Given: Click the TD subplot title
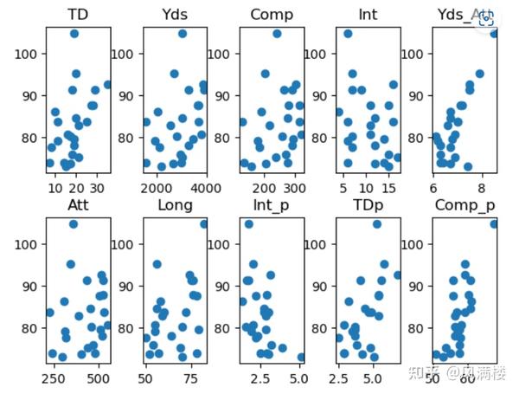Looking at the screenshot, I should [76, 15].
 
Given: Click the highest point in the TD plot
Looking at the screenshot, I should [74, 34].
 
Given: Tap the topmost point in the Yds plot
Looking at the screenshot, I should [183, 34].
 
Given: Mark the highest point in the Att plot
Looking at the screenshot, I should [73, 224].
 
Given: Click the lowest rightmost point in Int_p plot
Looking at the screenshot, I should [301, 357].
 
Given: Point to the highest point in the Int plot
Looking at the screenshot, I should [348, 34].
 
